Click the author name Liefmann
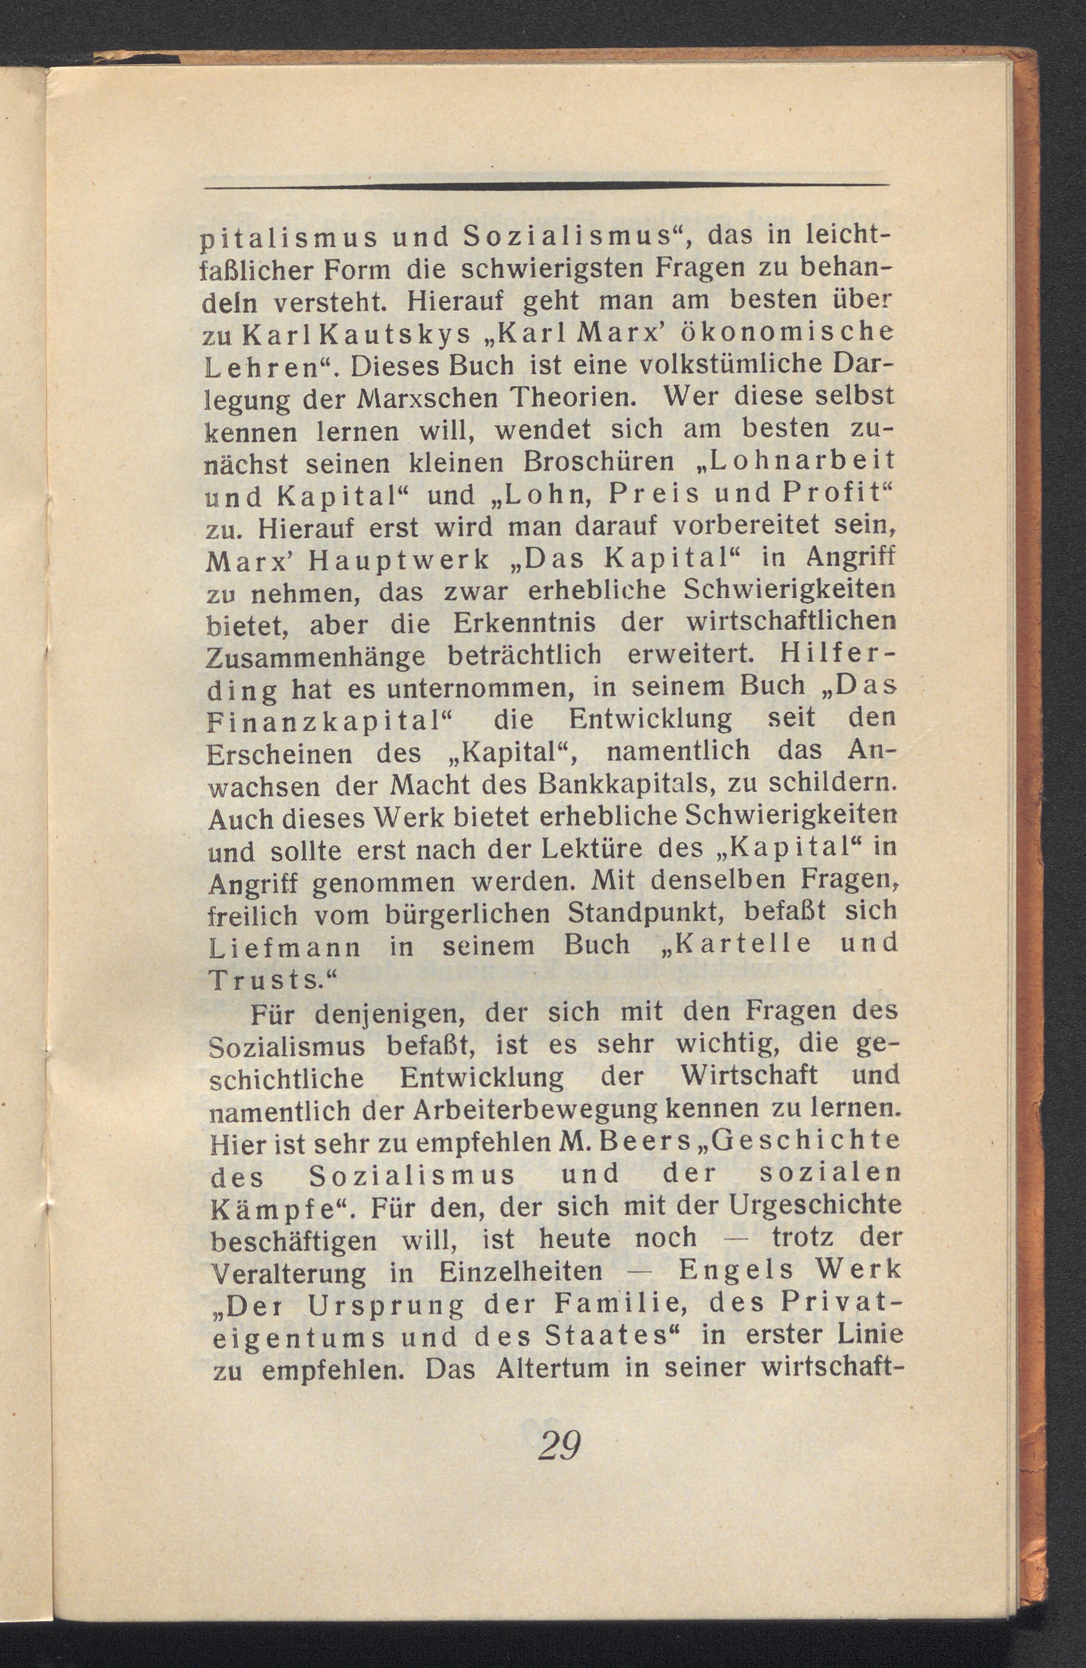coord(285,947)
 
